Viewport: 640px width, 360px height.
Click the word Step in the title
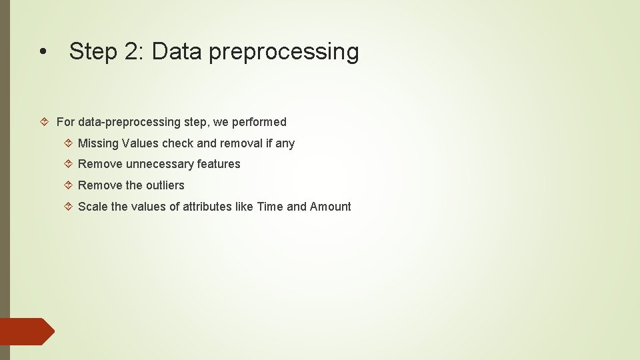(93, 51)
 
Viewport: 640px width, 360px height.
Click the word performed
(259, 122)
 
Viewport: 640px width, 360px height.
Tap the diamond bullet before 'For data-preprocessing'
(46, 122)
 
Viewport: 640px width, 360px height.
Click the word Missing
(99, 143)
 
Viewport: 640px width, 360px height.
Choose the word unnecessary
(160, 164)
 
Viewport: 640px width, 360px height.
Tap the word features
(219, 164)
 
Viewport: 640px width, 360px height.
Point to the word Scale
(93, 207)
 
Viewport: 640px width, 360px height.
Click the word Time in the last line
(270, 207)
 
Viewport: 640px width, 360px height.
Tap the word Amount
(331, 207)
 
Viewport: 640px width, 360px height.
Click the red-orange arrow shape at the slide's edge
(27, 331)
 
